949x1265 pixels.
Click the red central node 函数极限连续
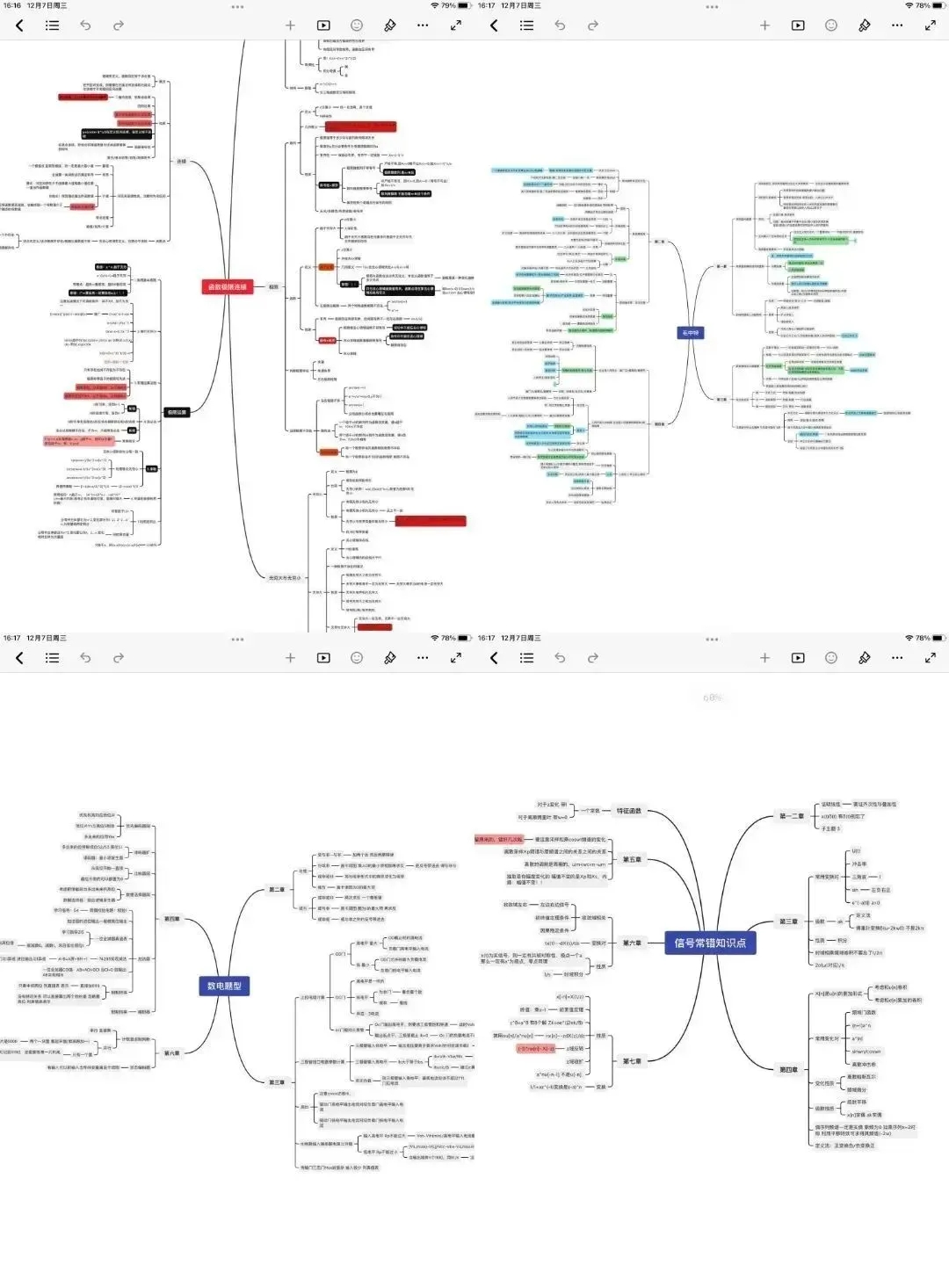point(227,286)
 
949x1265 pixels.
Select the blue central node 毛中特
point(690,333)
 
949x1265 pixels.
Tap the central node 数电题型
point(224,986)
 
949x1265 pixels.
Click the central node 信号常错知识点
point(710,943)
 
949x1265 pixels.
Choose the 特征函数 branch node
point(629,811)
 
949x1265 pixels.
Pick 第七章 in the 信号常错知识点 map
point(632,1061)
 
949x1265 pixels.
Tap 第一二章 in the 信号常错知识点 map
point(791,816)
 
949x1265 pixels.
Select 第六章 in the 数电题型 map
point(172,1053)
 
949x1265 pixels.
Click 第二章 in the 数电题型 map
point(277,890)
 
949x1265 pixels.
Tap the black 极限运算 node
point(176,412)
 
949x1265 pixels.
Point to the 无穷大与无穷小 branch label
point(284,578)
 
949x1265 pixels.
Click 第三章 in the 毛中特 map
point(721,400)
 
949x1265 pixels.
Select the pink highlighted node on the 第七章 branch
point(536,1049)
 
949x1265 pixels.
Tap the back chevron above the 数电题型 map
point(19,658)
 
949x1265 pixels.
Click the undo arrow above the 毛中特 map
point(560,25)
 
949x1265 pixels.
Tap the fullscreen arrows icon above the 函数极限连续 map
point(455,25)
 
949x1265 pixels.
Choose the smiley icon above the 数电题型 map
point(356,658)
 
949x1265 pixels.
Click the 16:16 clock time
point(11,5)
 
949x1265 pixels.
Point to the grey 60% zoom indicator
point(712,698)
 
